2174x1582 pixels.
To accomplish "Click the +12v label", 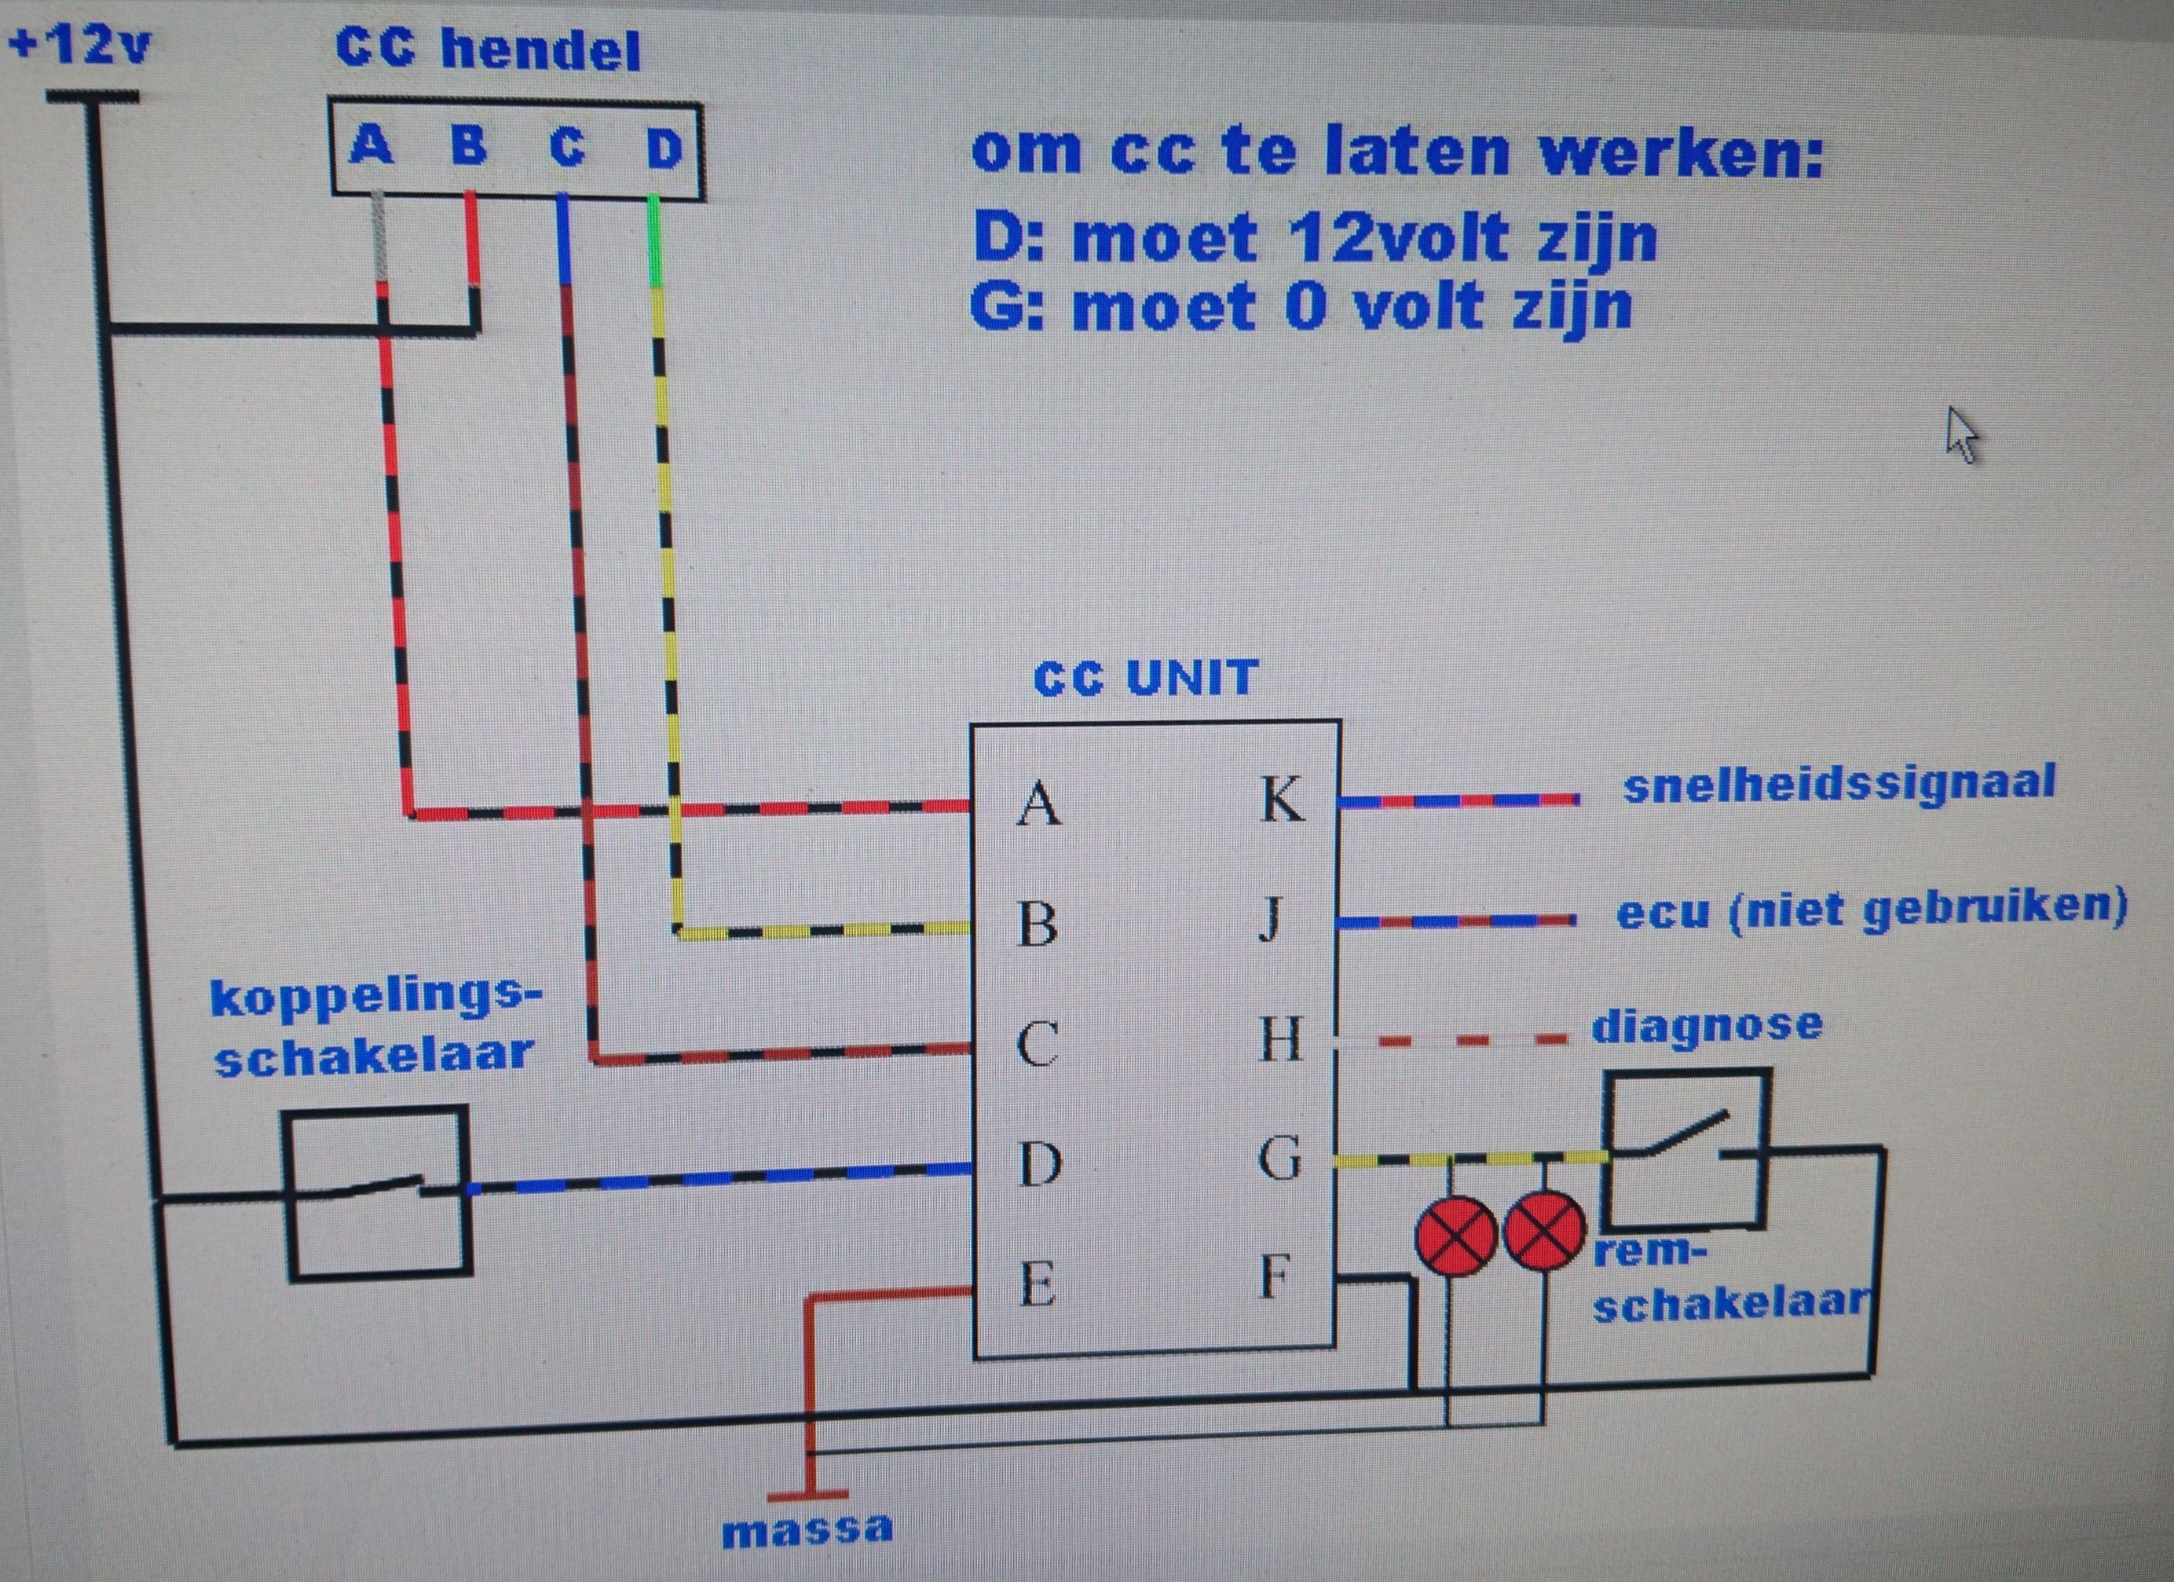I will coord(79,45).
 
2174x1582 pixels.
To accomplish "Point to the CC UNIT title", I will coord(1145,678).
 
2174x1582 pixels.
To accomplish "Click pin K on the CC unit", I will coord(1282,799).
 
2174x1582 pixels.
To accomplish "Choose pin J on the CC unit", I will coord(1270,921).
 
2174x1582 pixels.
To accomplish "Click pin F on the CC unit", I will coord(1272,1276).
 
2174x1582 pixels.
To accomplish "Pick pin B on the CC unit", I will coord(1038,925).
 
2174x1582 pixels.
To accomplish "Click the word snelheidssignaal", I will coord(1839,782).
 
